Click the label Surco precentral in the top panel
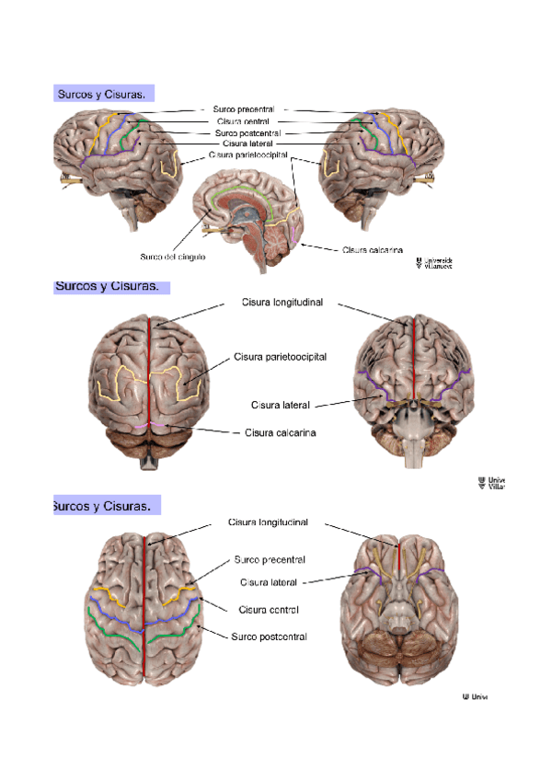pos(243,109)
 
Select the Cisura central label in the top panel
pos(243,120)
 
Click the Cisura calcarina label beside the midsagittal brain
pos(372,249)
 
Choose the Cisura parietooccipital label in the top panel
pos(248,155)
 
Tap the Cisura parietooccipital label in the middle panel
pos(280,356)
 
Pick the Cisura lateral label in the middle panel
pos(280,405)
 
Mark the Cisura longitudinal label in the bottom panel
pos(268,522)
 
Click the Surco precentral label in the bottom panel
pos(270,559)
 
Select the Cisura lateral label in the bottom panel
pos(270,582)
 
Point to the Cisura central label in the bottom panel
pos(269,609)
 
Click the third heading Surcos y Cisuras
pos(103,507)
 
